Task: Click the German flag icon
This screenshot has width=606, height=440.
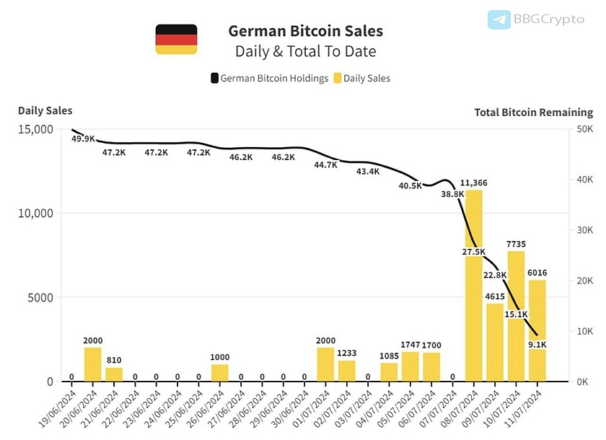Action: [x=176, y=39]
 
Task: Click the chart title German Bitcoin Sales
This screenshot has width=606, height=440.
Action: [x=305, y=31]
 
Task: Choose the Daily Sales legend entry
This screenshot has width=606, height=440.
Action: [x=367, y=78]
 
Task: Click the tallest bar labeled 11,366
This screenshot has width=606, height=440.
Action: [x=474, y=289]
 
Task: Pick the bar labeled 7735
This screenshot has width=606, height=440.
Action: [x=516, y=317]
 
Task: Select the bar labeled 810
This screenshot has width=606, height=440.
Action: [x=114, y=374]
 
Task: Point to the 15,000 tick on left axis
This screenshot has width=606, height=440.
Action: [x=33, y=129]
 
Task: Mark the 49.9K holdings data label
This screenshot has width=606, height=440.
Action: [x=83, y=138]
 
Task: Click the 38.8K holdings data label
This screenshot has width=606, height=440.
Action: [x=452, y=194]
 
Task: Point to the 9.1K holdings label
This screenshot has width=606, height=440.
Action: [x=537, y=345]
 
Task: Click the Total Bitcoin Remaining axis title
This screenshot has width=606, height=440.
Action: [x=533, y=112]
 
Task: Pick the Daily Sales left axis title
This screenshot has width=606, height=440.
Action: [x=45, y=110]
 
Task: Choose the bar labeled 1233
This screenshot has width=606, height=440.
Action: [x=347, y=371]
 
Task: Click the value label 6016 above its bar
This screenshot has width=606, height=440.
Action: [x=537, y=273]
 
